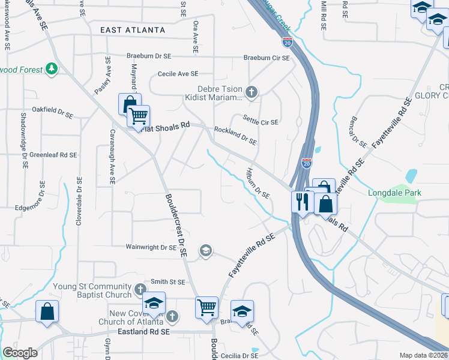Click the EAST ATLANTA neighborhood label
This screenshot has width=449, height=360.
[132, 30]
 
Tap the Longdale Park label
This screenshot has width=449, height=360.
[394, 193]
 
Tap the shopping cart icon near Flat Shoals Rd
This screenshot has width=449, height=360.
[139, 116]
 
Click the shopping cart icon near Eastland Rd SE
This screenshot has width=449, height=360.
[207, 307]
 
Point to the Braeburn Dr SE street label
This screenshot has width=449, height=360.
[149, 56]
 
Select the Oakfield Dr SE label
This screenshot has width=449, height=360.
[52, 110]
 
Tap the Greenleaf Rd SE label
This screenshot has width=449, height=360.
[53, 155]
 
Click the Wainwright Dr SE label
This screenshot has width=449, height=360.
[151, 247]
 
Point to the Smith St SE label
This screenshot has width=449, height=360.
[168, 281]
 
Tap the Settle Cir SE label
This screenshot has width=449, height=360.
[261, 121]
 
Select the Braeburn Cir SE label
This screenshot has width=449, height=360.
[266, 58]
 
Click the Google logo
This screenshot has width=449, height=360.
[20, 353]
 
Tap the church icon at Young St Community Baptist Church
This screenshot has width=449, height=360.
[140, 289]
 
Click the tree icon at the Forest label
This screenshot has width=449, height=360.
[52, 70]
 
